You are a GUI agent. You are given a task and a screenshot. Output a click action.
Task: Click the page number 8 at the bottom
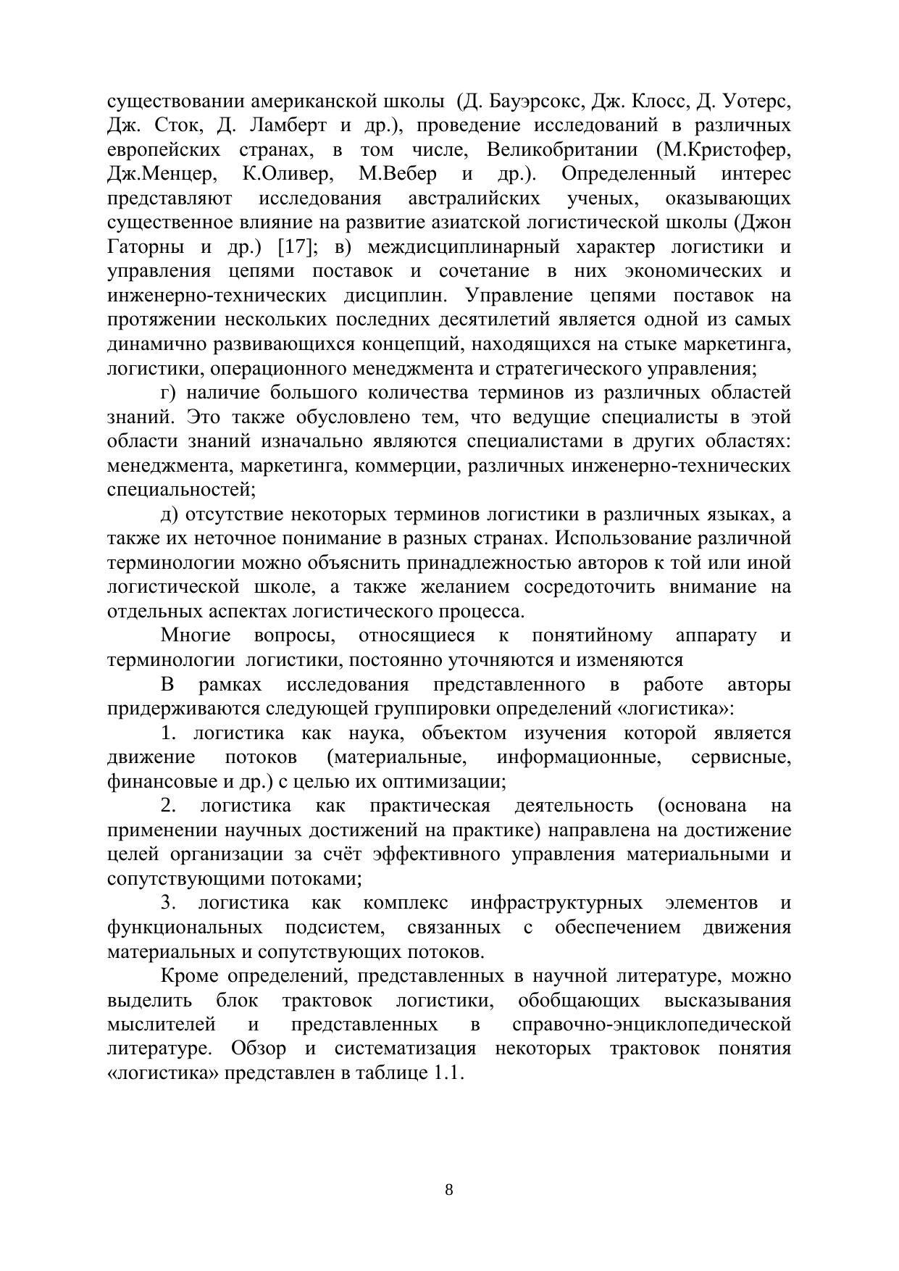pos(448,1190)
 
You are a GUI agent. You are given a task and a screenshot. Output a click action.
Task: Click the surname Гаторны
pos(143,247)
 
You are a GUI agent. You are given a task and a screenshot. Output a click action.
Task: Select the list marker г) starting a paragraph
pos(168,393)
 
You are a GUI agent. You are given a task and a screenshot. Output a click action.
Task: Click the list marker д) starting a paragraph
pos(169,514)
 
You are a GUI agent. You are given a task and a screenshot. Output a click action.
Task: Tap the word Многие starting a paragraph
pos(196,636)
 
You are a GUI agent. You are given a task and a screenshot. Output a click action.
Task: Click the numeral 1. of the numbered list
pos(169,733)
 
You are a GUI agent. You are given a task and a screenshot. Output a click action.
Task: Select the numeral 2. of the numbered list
pos(169,806)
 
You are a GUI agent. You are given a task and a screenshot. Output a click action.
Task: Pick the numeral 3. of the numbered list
pos(169,903)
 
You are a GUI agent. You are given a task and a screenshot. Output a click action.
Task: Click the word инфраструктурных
pos(556,903)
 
